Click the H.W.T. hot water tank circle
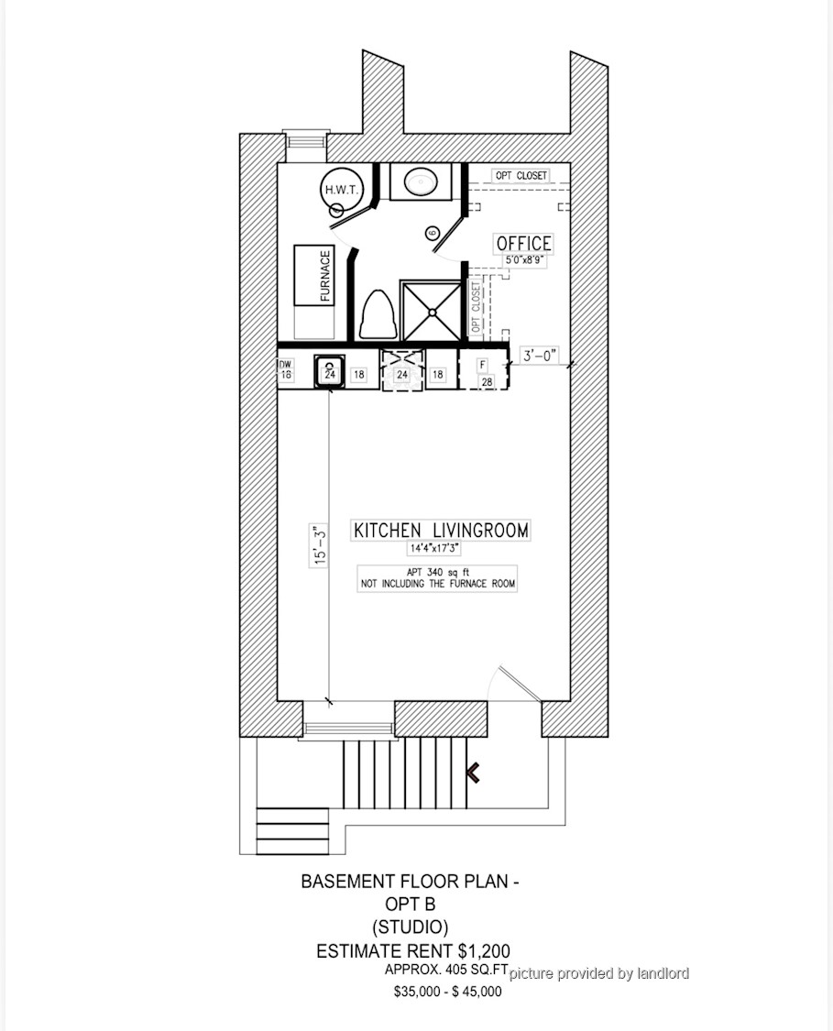point(341,190)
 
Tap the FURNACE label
point(324,276)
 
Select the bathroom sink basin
point(422,181)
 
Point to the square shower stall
point(432,311)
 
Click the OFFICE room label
point(523,243)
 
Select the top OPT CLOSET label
point(521,176)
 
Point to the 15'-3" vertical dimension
point(320,544)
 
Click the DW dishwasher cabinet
point(285,370)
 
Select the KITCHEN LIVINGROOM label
point(441,531)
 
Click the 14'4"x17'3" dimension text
point(434,548)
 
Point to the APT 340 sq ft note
point(437,573)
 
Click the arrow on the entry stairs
point(473,773)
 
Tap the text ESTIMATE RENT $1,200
point(413,950)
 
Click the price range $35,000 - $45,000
point(448,992)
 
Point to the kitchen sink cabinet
point(329,372)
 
